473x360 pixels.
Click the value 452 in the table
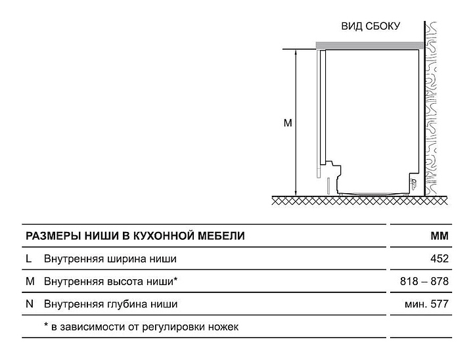[x=439, y=259]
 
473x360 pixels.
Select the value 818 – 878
[x=424, y=281]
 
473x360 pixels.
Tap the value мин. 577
[x=426, y=304]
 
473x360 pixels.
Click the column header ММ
[x=439, y=236]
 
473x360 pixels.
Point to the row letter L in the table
[x=29, y=259]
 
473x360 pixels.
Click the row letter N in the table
[x=30, y=304]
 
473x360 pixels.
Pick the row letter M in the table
[x=30, y=281]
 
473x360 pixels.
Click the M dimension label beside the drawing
[x=288, y=123]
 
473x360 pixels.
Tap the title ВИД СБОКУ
[x=371, y=26]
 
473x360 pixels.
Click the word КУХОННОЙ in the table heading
[x=164, y=236]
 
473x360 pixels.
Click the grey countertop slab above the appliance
[x=369, y=45]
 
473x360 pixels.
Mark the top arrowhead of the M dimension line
[x=296, y=52]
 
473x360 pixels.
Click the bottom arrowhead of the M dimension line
[x=296, y=193]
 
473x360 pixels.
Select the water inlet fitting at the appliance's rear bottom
[x=413, y=183]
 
